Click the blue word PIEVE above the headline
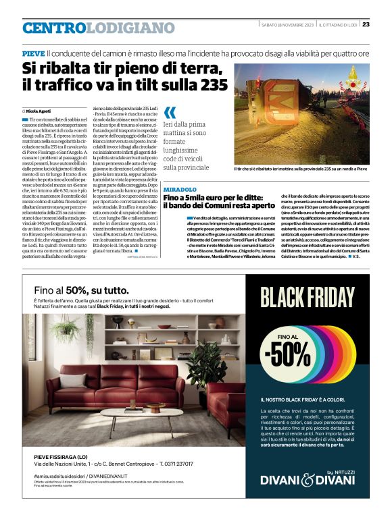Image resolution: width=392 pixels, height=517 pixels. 33,53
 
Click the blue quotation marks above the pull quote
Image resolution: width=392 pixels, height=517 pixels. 170,113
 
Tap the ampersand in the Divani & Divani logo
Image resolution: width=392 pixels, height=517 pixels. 308,480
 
